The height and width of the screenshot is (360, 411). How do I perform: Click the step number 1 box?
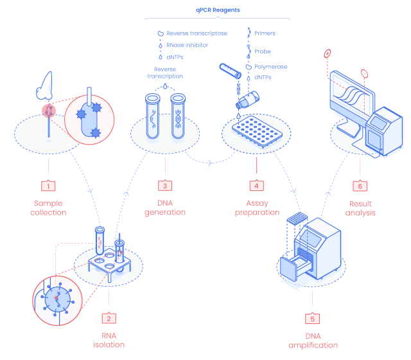(x=48, y=186)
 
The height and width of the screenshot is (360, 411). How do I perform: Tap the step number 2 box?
(x=109, y=318)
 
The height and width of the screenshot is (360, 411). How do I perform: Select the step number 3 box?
(x=165, y=186)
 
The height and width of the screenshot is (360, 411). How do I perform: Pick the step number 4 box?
(x=256, y=186)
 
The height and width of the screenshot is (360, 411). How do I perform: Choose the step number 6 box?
(x=360, y=186)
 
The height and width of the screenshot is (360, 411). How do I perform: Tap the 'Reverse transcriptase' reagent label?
(x=196, y=33)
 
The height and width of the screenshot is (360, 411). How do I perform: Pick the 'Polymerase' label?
(x=270, y=66)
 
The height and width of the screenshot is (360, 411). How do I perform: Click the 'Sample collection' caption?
(x=49, y=208)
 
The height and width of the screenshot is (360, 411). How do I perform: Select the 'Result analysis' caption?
(x=360, y=208)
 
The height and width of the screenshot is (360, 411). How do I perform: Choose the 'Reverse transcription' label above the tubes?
(x=164, y=72)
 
